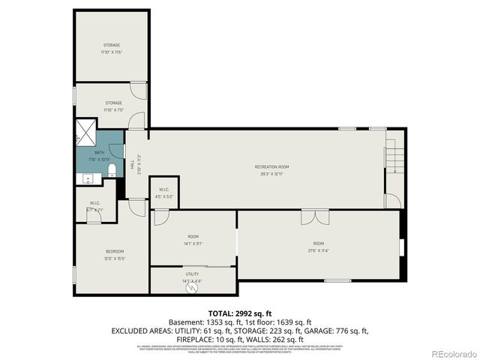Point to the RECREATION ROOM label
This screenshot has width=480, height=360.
[271, 166]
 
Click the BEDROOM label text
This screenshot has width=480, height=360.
[115, 250]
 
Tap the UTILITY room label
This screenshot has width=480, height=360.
[193, 274]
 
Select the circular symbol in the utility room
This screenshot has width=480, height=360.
[192, 287]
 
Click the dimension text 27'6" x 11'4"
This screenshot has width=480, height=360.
[319, 250]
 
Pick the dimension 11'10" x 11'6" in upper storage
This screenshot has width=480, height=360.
[112, 52]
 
